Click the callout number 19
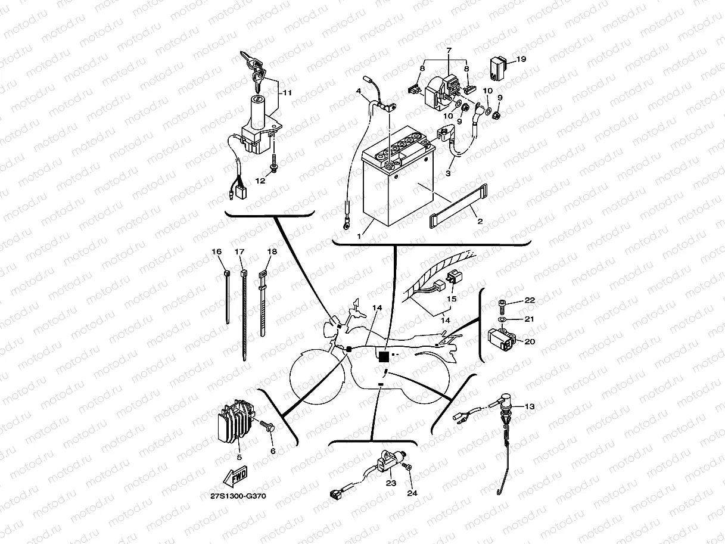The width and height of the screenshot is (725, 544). (x=521, y=59)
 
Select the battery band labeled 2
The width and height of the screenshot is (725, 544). (x=456, y=206)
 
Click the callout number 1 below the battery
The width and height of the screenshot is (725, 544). (x=359, y=236)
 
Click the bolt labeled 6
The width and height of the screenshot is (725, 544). (x=266, y=425)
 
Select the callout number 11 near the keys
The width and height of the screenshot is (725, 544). (x=287, y=93)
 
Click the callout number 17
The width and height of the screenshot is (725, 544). (x=239, y=252)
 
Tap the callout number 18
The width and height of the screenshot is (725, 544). (x=272, y=252)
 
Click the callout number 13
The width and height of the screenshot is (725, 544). (x=529, y=406)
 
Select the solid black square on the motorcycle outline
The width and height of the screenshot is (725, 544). (x=384, y=356)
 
